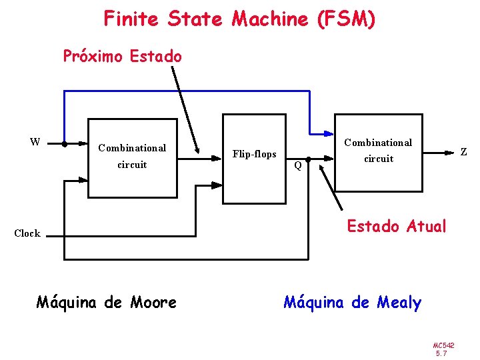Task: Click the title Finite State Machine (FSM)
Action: point(239,19)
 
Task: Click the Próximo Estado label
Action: point(122,57)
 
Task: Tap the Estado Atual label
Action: point(396,227)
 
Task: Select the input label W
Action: point(35,141)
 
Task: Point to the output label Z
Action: point(463,153)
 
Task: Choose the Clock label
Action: point(27,233)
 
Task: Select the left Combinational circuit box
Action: point(132,158)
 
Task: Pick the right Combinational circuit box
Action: point(378,153)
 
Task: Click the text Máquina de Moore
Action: point(106,303)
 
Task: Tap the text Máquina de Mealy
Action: point(352,303)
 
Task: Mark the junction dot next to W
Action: point(64,143)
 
